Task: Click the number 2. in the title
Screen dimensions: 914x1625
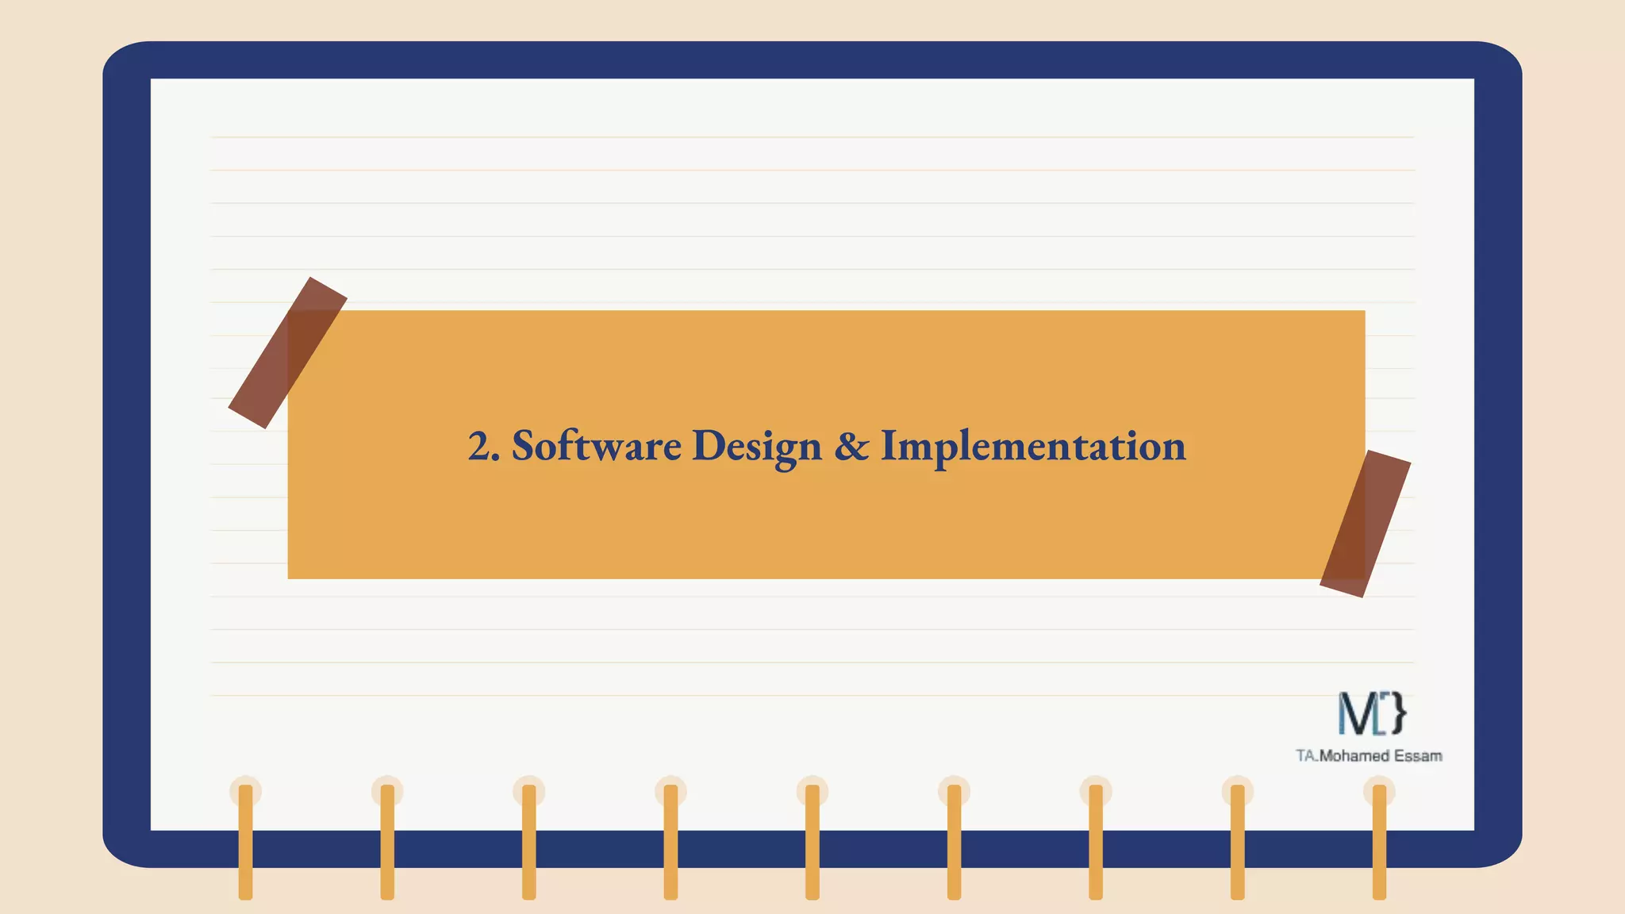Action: (483, 446)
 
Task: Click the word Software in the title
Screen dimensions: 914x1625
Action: (596, 446)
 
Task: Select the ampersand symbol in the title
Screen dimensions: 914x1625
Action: (851, 446)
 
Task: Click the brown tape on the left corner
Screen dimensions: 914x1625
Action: (287, 353)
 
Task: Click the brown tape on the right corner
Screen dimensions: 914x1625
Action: (1365, 524)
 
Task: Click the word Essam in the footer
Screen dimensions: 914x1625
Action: (1418, 756)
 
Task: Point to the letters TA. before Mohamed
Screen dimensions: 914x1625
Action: (1307, 756)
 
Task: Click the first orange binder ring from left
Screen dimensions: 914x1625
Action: (245, 841)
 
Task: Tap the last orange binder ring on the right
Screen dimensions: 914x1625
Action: (1379, 841)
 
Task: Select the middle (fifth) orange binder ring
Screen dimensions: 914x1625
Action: (812, 841)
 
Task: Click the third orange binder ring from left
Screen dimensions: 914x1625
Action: (528, 841)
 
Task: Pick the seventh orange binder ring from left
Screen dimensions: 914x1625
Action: (1096, 841)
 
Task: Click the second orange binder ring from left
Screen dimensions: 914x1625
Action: (387, 841)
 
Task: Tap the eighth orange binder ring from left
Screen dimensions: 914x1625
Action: (1237, 841)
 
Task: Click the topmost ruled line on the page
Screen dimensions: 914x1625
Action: (812, 137)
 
